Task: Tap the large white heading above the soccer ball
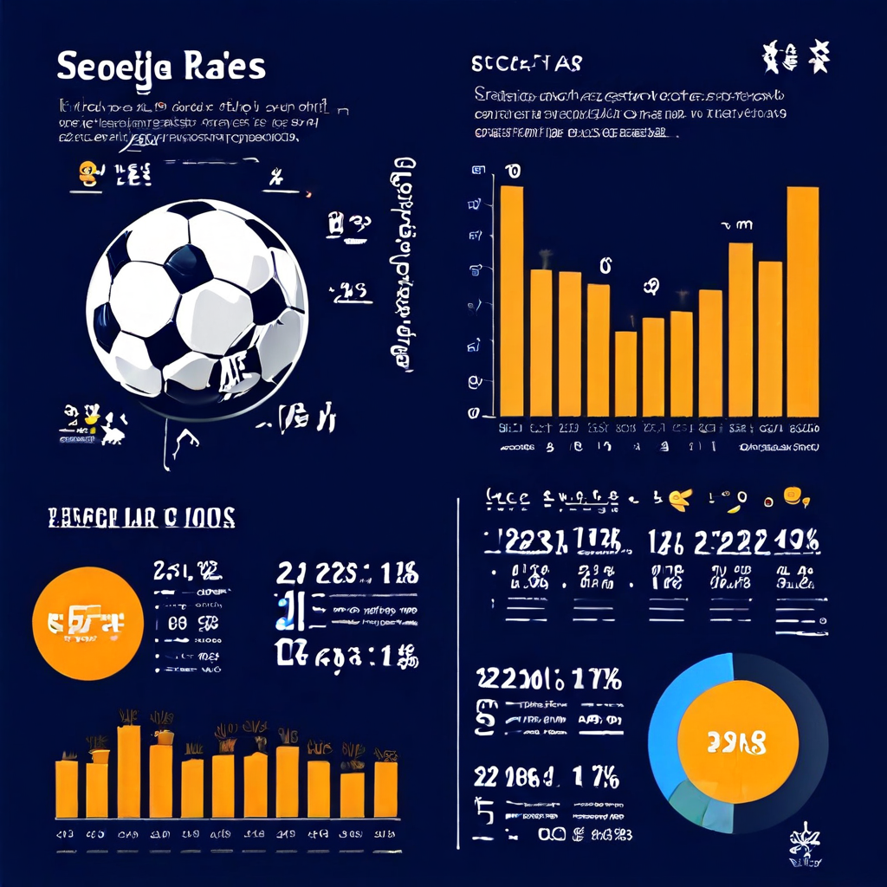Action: tap(161, 68)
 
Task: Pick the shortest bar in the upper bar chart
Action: tap(625, 373)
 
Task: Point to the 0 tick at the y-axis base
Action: tap(474, 413)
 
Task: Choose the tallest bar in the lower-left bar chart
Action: tap(129, 771)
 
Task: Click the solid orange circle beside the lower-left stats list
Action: tap(87, 624)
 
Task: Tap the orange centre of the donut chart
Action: tap(737, 741)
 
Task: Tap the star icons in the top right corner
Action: tap(795, 58)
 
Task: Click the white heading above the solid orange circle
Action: tap(140, 518)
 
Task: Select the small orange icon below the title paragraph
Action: tap(87, 172)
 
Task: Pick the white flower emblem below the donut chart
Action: tap(802, 843)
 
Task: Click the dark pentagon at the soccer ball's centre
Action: tap(189, 265)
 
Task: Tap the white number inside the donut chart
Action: tap(736, 741)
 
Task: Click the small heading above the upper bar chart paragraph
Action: tap(527, 64)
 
